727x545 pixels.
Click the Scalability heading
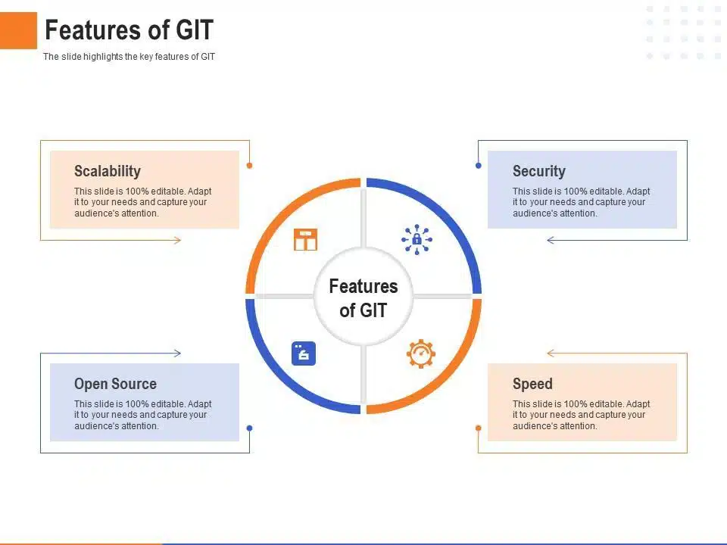(107, 171)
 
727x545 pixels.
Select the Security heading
(538, 171)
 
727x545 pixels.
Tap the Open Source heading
(115, 384)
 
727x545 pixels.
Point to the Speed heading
(532, 384)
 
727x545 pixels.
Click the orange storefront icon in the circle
(305, 240)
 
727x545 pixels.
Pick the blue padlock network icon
(417, 240)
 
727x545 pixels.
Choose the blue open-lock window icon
(304, 353)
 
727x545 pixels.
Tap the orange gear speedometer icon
(421, 354)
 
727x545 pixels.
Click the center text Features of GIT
(363, 298)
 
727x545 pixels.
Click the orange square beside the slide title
(18, 30)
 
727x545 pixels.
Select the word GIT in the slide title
(195, 30)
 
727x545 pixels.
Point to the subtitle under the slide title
(129, 57)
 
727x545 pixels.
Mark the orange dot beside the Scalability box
(249, 166)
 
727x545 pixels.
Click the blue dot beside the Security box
(479, 166)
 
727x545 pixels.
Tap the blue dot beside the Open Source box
(249, 428)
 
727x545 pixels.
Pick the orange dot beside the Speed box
(479, 428)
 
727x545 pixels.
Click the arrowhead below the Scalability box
(177, 240)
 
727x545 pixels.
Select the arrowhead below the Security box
(551, 240)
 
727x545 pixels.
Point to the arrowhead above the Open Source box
(177, 353)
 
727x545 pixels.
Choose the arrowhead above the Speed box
(551, 353)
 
